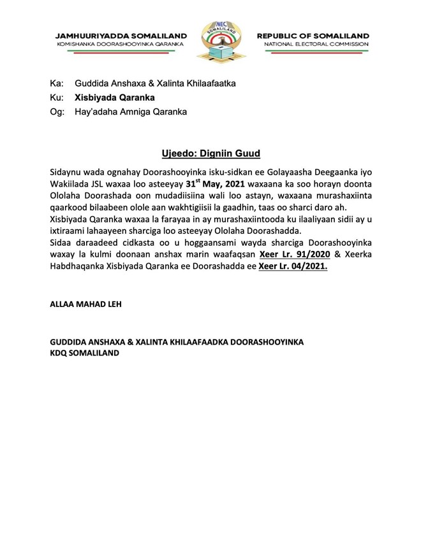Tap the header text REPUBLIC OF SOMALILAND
(x=313, y=36)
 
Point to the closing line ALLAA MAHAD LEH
(x=85, y=304)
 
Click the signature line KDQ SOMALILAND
(x=84, y=353)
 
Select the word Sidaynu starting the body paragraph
(x=67, y=172)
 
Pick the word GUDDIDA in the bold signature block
(x=70, y=342)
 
